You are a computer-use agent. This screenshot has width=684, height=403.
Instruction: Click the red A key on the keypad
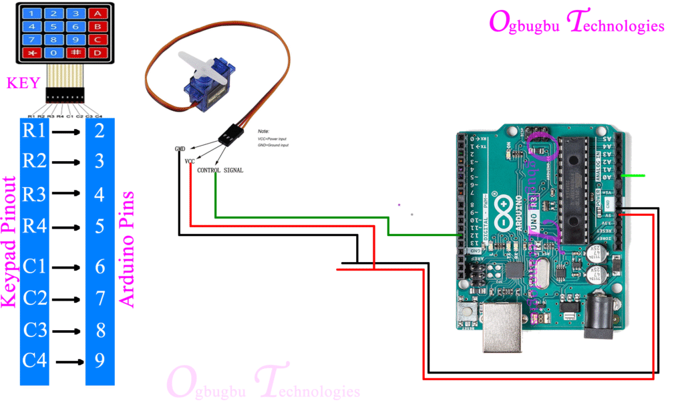point(97,13)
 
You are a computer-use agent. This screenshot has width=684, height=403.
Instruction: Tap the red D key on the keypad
point(97,52)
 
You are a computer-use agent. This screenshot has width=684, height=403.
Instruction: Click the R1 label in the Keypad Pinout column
point(35,131)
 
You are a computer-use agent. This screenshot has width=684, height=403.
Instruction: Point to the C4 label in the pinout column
point(35,361)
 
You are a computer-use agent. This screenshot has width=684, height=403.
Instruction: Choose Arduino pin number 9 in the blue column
point(100,361)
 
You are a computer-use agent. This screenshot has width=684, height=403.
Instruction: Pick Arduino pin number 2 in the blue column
point(100,131)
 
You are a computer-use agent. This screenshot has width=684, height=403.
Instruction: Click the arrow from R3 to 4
point(67,195)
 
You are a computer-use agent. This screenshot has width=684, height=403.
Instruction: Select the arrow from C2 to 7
point(67,297)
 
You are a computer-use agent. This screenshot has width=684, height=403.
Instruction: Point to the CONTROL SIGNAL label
point(220,170)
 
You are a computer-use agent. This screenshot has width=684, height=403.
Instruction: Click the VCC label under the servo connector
point(190,161)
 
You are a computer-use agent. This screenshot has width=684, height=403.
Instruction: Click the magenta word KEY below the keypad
point(23,84)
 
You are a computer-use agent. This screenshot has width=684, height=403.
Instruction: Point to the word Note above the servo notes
point(263,132)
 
